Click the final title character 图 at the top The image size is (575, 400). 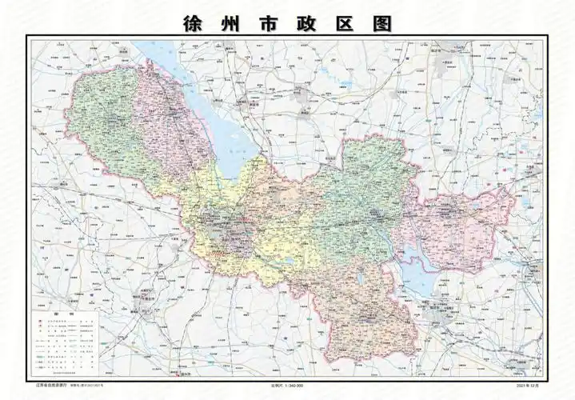(x=384, y=23)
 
